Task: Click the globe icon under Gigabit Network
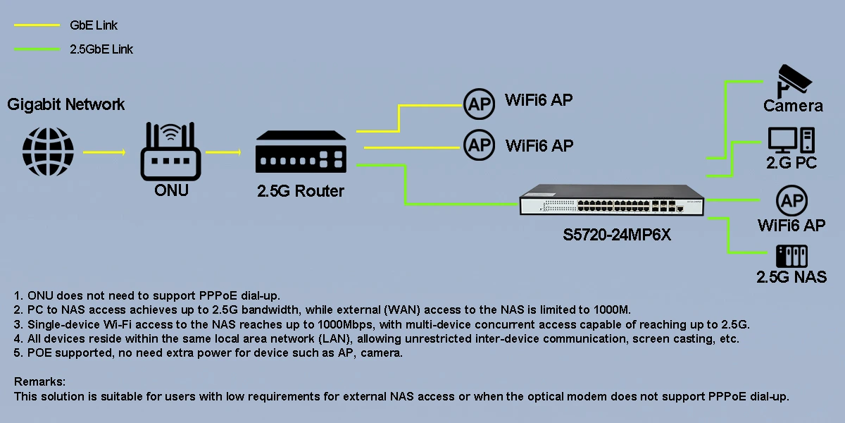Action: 48,152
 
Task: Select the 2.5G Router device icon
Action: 301,151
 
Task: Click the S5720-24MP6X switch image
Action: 611,200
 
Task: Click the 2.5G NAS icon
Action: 791,256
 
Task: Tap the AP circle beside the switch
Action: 791,202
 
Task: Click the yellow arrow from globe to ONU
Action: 104,152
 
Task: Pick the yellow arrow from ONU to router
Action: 223,152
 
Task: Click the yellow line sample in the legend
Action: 37,25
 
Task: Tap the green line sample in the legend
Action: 37,49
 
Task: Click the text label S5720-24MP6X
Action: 617,235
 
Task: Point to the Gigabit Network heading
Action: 66,105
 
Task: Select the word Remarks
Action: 39,381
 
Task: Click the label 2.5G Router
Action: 300,190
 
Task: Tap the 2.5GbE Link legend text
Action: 101,49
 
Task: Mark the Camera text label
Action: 793,106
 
